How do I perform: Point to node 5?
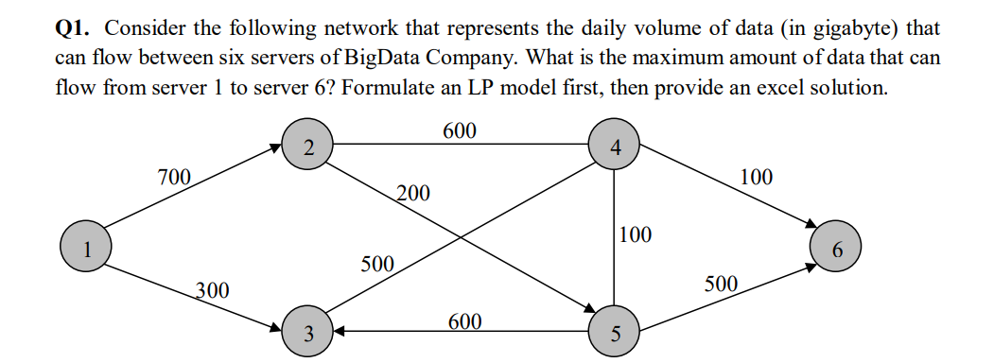(x=616, y=332)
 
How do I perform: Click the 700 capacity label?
(x=174, y=176)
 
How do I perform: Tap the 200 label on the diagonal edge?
(x=412, y=195)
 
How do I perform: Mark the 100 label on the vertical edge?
(x=636, y=234)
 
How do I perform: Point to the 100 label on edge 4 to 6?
(x=756, y=176)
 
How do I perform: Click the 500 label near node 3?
(x=377, y=263)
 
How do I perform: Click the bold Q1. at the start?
(x=75, y=27)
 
